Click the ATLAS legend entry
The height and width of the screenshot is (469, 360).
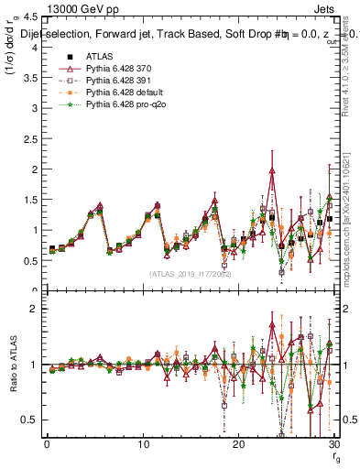tap(99, 57)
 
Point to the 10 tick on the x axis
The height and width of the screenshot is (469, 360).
tap(143, 445)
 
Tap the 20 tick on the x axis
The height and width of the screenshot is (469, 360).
tap(238, 445)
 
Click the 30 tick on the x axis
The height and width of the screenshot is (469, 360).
tap(334, 445)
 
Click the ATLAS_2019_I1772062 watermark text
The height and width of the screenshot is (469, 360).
tap(191, 273)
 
